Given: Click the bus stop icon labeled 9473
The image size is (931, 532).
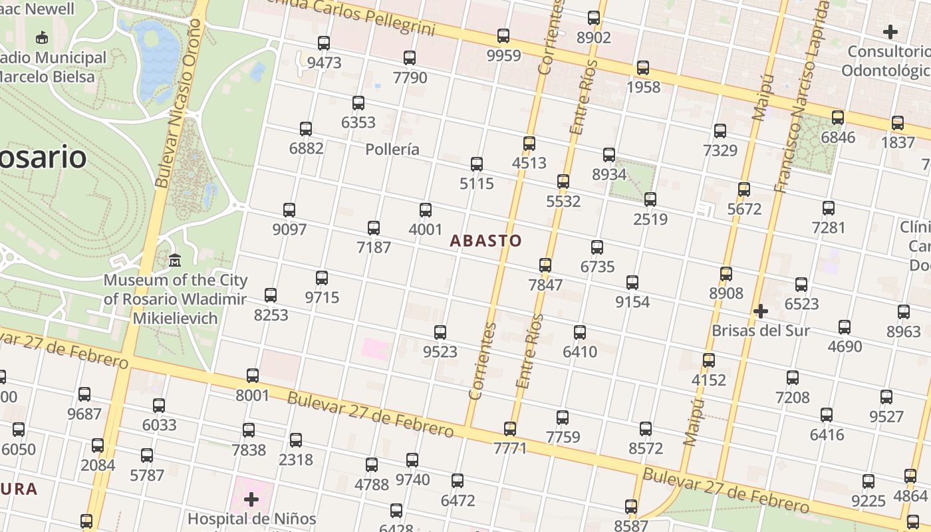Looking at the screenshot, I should [x=324, y=43].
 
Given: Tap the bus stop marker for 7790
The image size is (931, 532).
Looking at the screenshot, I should [x=410, y=58].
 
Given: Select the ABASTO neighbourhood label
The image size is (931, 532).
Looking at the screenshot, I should [x=485, y=241].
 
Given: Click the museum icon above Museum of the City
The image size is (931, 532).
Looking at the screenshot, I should [x=175, y=260].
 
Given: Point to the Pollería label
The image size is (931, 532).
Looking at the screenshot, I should [x=392, y=149].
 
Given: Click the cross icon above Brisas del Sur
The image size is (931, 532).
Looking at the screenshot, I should [x=761, y=311].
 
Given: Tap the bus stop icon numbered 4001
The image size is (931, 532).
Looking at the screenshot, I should [x=426, y=210].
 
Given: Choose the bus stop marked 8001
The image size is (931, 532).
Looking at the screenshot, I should [x=253, y=376].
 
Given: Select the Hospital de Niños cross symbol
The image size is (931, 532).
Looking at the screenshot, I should [x=251, y=499].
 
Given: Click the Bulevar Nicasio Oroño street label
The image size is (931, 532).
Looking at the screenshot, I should [x=177, y=103].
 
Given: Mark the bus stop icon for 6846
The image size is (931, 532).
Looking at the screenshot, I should [x=838, y=118].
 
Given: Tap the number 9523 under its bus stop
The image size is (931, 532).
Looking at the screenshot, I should [x=440, y=351].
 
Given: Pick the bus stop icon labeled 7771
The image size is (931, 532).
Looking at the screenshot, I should [x=510, y=429].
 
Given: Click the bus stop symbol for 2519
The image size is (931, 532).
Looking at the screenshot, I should [x=650, y=199].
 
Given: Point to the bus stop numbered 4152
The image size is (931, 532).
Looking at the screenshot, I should [x=709, y=360].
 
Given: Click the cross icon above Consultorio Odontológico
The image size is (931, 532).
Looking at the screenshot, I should [x=890, y=31].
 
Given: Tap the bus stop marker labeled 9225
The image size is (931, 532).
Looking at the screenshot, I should [x=868, y=481].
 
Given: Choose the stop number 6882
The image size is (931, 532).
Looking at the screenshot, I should [x=306, y=148].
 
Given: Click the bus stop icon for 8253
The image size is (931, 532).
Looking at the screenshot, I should [x=271, y=295].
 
